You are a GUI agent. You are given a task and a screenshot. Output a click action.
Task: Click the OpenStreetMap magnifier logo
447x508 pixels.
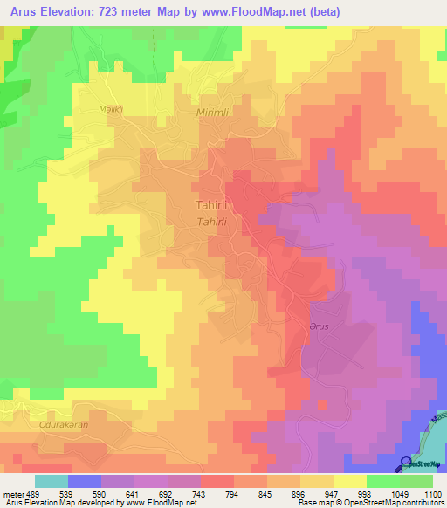tap(406, 463)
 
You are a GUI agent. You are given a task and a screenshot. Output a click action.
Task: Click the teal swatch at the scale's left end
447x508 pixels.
tap(52, 481)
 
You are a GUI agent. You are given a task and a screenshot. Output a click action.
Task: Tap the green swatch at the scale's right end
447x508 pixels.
tap(416, 481)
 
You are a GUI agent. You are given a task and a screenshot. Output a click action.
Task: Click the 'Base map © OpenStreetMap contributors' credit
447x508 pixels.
tap(370, 503)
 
